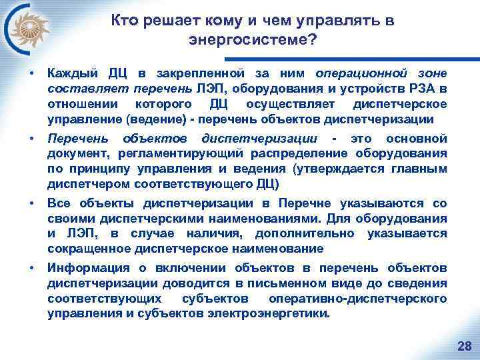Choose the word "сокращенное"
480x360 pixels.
pyautogui.click(x=84, y=249)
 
